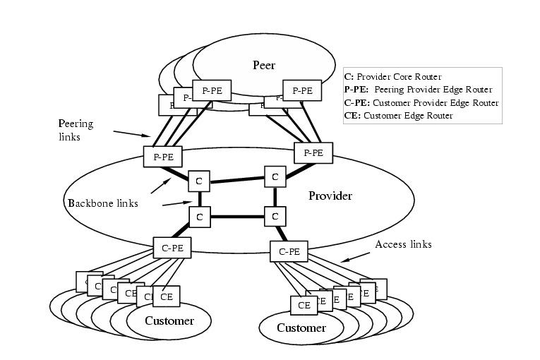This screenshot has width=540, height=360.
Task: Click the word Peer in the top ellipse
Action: pyautogui.click(x=263, y=66)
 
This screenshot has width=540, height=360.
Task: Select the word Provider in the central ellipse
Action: pyautogui.click(x=330, y=196)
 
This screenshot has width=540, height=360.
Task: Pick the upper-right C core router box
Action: pyautogui.click(x=275, y=176)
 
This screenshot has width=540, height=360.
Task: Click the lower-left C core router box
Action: pyautogui.click(x=200, y=217)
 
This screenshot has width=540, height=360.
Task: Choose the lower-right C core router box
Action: pyautogui.click(x=275, y=216)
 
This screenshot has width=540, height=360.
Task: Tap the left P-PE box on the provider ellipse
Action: pyautogui.click(x=162, y=156)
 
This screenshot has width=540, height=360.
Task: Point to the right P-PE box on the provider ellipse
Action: pyautogui.click(x=313, y=152)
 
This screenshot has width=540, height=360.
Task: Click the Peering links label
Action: pyautogui.click(x=75, y=131)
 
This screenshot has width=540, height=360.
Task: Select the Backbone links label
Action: pyautogui.click(x=102, y=203)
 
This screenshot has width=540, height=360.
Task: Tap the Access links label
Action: pyautogui.click(x=403, y=244)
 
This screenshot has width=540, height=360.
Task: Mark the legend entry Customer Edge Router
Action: pyautogui.click(x=397, y=116)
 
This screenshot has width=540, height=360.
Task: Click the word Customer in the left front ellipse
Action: pyautogui.click(x=169, y=321)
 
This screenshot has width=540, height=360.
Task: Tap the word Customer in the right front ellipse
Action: pyautogui.click(x=301, y=328)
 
